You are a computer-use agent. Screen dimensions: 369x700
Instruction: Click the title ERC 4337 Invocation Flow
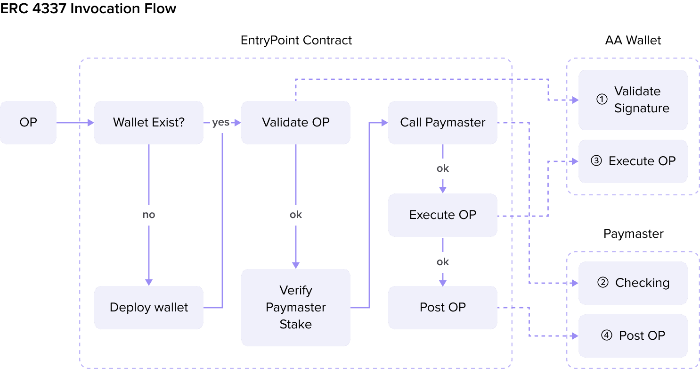pos(88,8)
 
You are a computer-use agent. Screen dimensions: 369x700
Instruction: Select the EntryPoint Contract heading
pos(296,41)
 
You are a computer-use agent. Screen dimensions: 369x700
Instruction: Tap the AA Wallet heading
pos(633,41)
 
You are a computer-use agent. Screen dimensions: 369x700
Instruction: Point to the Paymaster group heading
pos(633,234)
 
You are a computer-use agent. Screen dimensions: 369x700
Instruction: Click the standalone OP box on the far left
pos(28,123)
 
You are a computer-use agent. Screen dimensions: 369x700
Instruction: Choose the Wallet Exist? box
pos(149,123)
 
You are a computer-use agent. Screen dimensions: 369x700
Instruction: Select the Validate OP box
pos(295,123)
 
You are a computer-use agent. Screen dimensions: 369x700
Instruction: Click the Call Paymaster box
pos(442,123)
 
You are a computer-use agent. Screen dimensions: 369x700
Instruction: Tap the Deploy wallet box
pos(149,308)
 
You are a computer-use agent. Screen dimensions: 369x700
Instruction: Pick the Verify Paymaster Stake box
pos(295,308)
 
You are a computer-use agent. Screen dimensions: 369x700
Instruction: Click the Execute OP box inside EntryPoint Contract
pos(442,215)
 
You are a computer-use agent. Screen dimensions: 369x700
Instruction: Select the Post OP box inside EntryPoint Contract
pos(442,308)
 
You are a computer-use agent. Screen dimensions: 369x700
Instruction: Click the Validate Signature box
pos(633,100)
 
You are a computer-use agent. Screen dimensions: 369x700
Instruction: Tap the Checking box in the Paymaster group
pos(633,283)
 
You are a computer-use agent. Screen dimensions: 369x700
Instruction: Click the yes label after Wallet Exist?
pos(220,123)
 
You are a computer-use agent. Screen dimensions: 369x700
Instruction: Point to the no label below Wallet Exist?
pos(149,215)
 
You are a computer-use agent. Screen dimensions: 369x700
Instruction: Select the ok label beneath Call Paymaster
pos(442,169)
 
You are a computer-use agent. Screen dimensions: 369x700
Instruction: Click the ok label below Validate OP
pos(295,215)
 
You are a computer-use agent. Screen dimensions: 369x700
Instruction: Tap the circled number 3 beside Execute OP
pos(596,161)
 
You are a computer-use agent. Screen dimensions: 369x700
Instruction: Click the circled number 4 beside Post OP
pos(606,336)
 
